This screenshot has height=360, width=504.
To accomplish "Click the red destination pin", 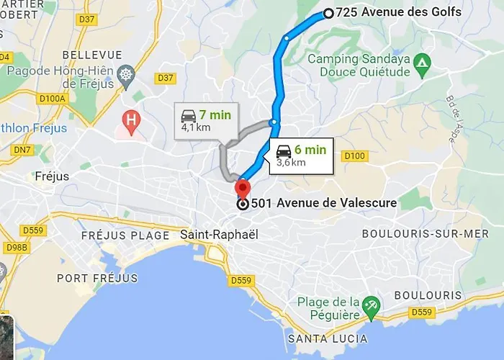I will coord(242,189).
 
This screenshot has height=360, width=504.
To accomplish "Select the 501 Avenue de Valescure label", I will coord(323,203).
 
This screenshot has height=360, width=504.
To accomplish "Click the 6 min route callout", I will coord(300,156).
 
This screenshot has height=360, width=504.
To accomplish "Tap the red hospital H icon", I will coord(131,122).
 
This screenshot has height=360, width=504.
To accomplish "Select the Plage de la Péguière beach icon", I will coord(371,305).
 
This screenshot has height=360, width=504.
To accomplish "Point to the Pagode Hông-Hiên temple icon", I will coord(127,74).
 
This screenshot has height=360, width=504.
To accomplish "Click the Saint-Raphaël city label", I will coord(219,235).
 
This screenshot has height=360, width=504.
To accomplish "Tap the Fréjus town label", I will coord(51,176).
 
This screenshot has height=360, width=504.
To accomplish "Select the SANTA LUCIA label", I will coord(327,338).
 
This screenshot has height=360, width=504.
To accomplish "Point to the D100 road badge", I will coord(355,156).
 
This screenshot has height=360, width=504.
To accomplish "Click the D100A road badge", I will coord(53,98).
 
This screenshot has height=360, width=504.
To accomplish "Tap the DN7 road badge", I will coord(24,149).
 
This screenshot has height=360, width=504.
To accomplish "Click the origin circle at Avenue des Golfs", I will coord(328,12).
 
